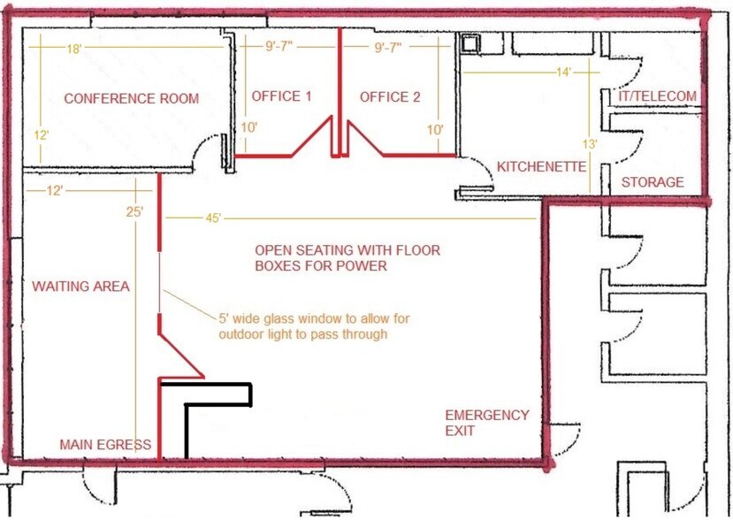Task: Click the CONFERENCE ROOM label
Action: (x=132, y=99)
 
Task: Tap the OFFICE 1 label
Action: (x=281, y=96)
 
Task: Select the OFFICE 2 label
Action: (x=390, y=97)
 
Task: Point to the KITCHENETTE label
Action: (x=541, y=166)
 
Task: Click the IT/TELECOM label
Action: (x=657, y=96)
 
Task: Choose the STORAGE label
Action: (x=653, y=182)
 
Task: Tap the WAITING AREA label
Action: (x=80, y=287)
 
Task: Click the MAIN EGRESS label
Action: (x=105, y=444)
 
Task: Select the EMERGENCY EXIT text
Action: (x=486, y=423)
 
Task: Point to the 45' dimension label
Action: (x=213, y=218)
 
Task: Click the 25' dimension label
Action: (x=134, y=212)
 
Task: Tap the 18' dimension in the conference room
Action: (x=74, y=49)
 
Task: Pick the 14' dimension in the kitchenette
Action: (x=564, y=73)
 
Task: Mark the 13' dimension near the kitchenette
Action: (x=590, y=144)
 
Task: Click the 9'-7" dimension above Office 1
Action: (x=279, y=47)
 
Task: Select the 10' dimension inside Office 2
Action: (x=435, y=129)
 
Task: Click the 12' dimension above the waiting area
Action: (x=55, y=191)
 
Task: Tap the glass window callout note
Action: (x=314, y=326)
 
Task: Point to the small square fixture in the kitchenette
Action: (x=470, y=43)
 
